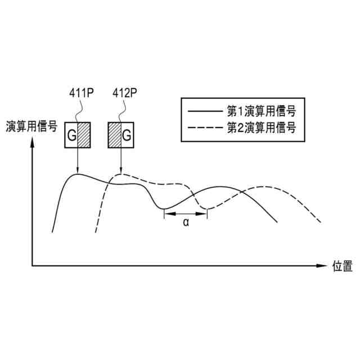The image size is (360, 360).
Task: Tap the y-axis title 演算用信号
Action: [x=31, y=127]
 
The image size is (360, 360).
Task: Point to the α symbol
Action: [x=186, y=223]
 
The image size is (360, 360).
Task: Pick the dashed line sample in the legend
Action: [x=205, y=128]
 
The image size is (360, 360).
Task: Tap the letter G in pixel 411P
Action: [x=71, y=136]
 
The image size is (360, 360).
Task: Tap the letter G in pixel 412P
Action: [x=127, y=136]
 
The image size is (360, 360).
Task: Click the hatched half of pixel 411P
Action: [x=83, y=135]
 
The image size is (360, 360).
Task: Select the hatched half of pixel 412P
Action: [x=114, y=135]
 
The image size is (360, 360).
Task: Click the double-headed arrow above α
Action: [x=186, y=214]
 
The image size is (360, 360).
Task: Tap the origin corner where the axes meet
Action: [x=33, y=265]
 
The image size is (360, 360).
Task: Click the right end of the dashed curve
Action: [x=322, y=222]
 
